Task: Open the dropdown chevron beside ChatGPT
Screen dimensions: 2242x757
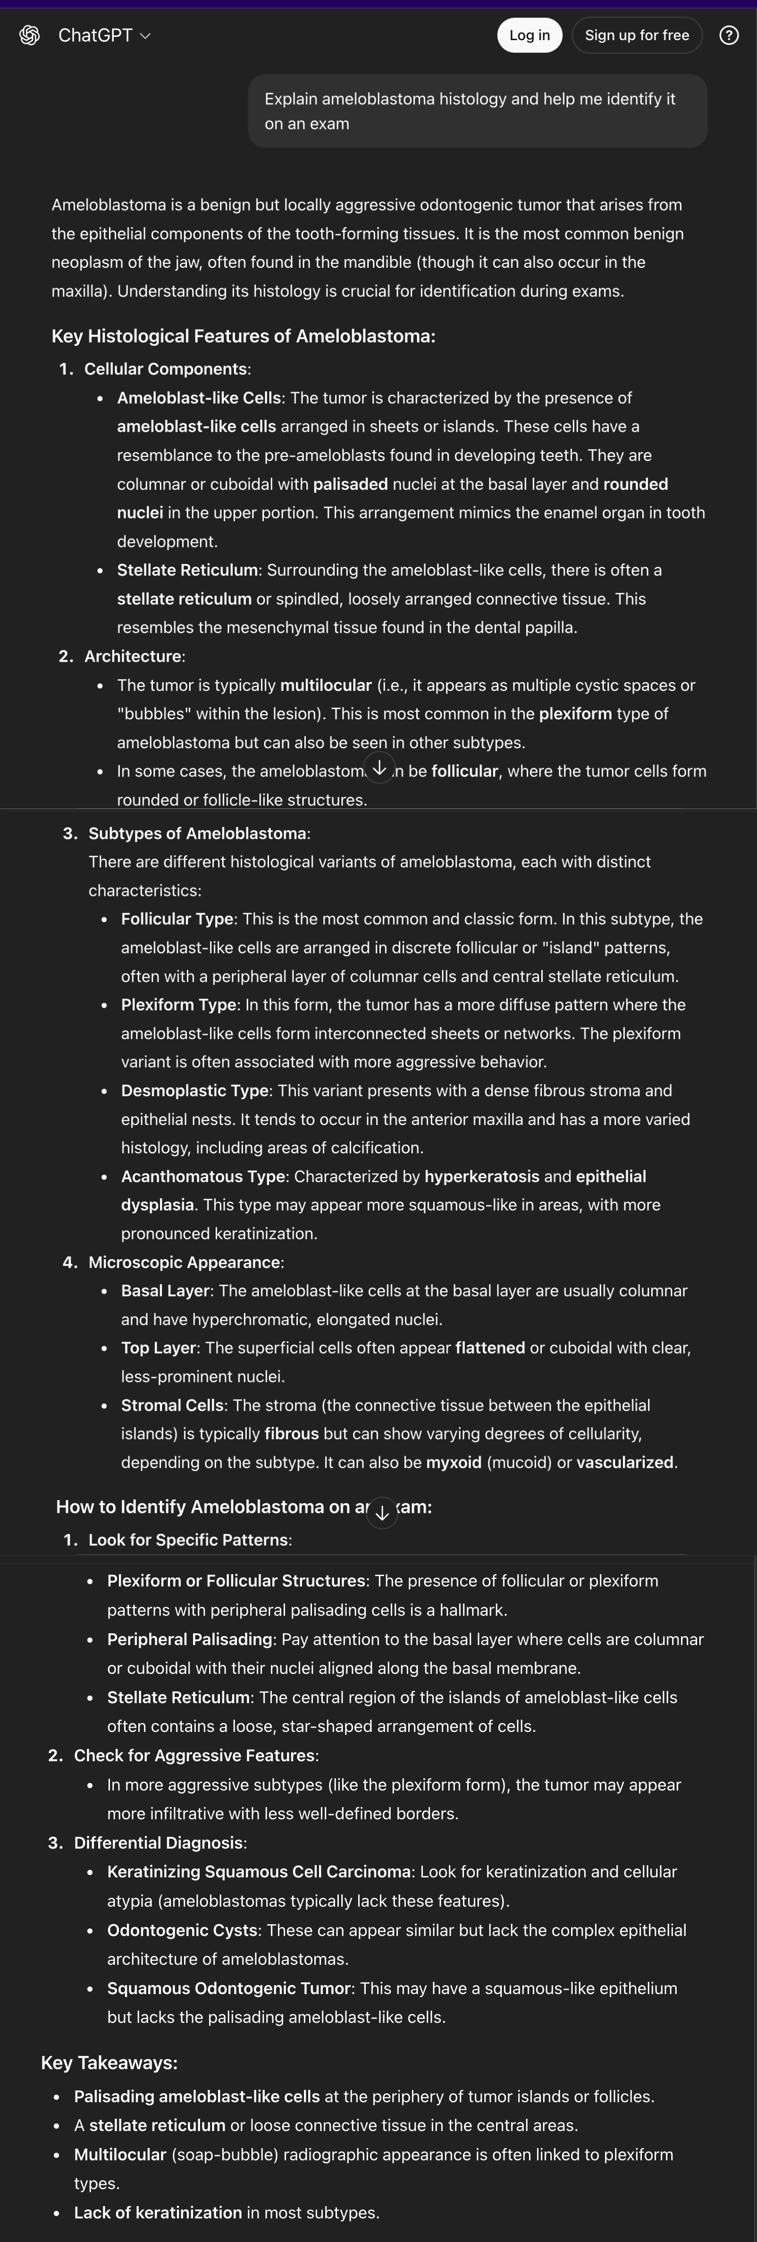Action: tap(145, 36)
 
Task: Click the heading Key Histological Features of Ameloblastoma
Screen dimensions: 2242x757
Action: tap(243, 336)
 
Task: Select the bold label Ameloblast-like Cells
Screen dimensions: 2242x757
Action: tap(198, 398)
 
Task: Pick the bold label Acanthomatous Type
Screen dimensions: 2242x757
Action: tap(203, 1176)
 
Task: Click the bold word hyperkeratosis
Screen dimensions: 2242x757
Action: tap(481, 1176)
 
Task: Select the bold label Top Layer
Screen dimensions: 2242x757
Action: tap(159, 1348)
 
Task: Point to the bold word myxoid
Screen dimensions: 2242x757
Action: tap(454, 1462)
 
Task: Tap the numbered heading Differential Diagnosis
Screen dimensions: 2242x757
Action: tap(159, 1842)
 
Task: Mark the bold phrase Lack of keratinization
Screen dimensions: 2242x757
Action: tap(158, 2212)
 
